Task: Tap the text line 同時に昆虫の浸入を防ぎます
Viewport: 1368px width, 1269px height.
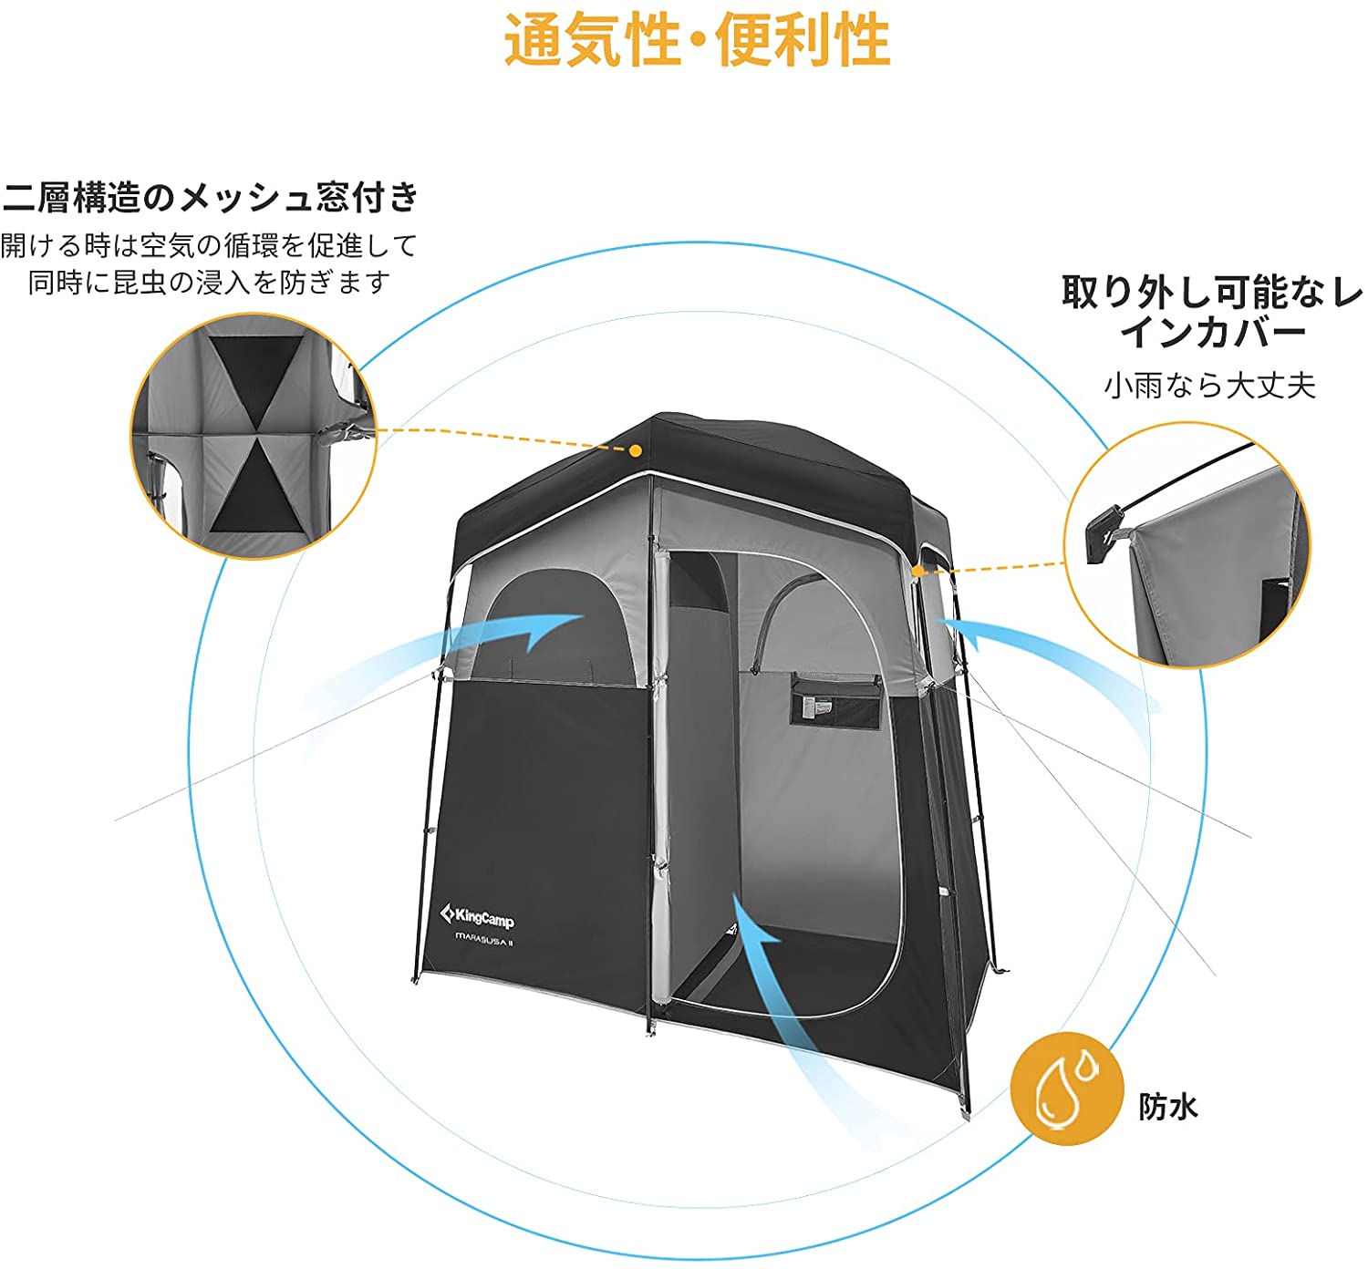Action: (x=210, y=283)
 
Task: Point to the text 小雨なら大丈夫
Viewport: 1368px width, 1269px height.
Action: (x=1210, y=386)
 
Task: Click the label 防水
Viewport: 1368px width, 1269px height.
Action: (x=1167, y=1107)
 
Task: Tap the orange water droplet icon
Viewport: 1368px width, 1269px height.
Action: (x=1066, y=1088)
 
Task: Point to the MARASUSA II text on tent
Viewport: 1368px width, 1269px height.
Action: (x=483, y=942)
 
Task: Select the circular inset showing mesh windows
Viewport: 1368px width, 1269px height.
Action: (x=254, y=436)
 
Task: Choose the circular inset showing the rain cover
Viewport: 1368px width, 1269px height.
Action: (x=1186, y=545)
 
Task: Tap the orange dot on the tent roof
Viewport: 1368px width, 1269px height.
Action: (x=636, y=449)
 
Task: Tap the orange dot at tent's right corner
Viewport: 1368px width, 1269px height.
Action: (x=918, y=572)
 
